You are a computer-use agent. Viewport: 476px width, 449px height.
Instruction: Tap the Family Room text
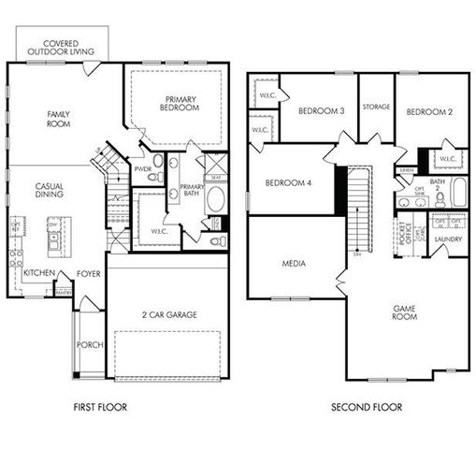click(60, 119)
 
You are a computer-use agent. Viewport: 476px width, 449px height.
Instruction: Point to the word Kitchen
click(38, 273)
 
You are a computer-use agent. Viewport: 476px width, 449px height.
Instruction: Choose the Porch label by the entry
click(90, 344)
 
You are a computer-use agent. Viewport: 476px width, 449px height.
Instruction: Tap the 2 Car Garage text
click(168, 315)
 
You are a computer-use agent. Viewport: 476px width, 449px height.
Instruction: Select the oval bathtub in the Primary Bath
click(215, 199)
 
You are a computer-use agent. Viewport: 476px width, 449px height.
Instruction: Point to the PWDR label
click(143, 169)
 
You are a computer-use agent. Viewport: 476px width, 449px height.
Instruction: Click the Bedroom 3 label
click(321, 111)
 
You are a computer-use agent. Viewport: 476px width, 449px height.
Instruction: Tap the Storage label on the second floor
click(376, 106)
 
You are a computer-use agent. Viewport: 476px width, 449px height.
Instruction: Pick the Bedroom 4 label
click(287, 182)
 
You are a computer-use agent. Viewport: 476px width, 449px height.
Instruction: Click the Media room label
click(294, 264)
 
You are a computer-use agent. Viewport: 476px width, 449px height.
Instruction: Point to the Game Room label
click(404, 311)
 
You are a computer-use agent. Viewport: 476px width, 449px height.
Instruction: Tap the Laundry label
click(448, 239)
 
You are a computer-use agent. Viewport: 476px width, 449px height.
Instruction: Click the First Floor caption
click(99, 408)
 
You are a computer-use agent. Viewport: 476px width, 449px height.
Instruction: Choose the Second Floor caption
click(367, 408)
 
